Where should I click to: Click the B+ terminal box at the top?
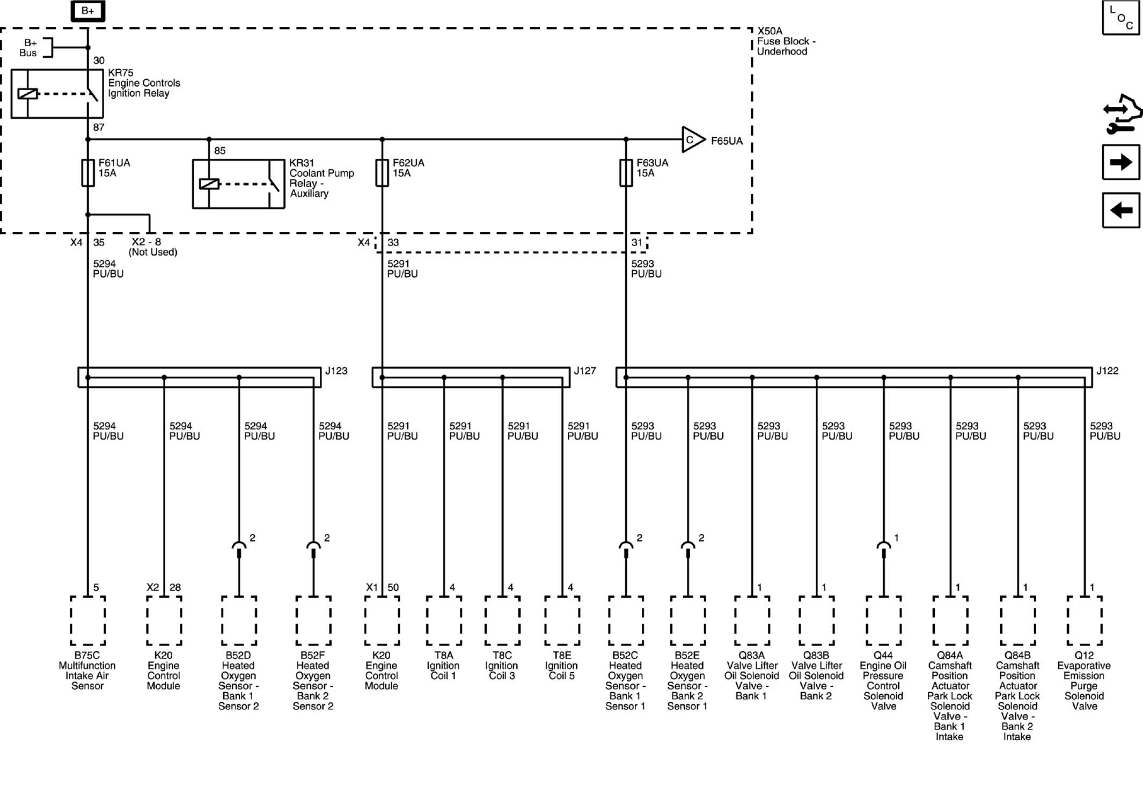pos(87,11)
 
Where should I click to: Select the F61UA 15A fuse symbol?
pos(88,173)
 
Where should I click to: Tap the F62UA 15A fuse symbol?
pos(382,173)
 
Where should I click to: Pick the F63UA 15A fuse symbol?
pos(626,173)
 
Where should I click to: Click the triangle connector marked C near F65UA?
pos(692,139)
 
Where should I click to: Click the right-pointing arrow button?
pos(1121,162)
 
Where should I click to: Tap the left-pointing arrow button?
pos(1121,210)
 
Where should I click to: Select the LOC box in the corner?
pos(1121,18)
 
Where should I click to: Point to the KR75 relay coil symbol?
pos(27,93)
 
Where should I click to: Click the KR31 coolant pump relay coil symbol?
pos(209,184)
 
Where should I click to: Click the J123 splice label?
pos(336,371)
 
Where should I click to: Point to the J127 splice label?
pos(585,371)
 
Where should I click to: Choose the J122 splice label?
pos(1107,371)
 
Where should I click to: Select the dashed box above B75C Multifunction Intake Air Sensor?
pos(87,620)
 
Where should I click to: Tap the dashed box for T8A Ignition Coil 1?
pos(444,620)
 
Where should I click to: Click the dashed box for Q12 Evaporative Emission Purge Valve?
pos(1085,620)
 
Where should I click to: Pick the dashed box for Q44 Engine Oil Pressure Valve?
pos(883,620)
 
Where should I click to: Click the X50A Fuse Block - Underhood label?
pos(786,41)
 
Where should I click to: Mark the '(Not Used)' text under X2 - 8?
pos(153,252)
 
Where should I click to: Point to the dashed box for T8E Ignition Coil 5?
pos(562,620)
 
